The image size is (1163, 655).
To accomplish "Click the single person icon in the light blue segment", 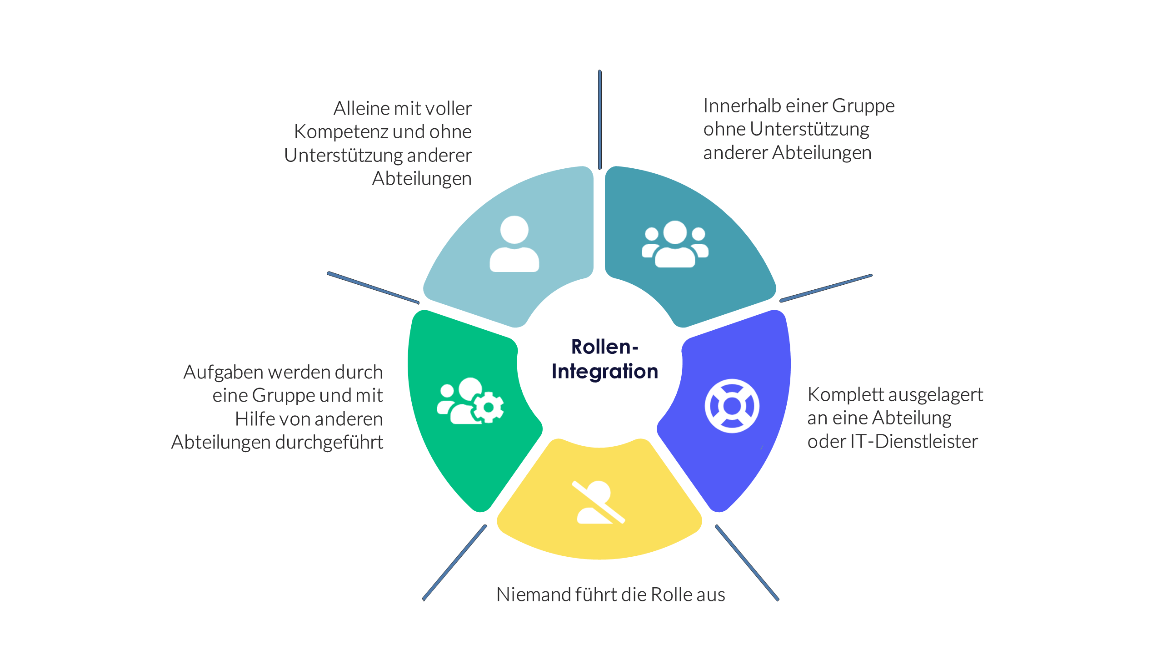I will [x=514, y=244].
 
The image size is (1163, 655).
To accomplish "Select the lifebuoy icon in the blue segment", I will [x=732, y=406].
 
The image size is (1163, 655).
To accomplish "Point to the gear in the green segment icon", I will [x=489, y=407].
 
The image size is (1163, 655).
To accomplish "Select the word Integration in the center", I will [x=604, y=372].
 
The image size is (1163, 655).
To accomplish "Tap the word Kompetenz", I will [x=341, y=132].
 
